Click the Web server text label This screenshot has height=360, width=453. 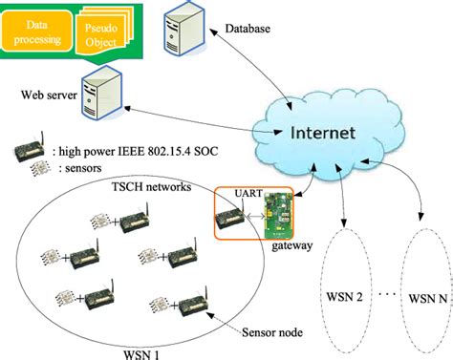[44, 96]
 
